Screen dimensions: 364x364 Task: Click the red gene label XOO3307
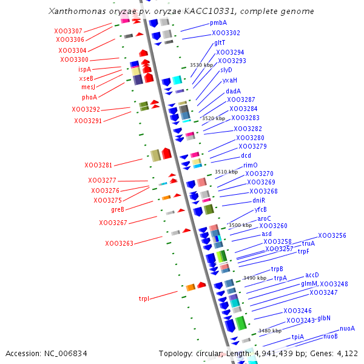68,31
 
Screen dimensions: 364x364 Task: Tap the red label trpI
144,298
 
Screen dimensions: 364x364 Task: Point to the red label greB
118,209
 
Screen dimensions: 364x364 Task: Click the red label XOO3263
120,244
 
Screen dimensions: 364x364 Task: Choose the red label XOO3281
98,165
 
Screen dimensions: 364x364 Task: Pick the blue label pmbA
218,22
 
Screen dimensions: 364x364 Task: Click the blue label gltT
220,43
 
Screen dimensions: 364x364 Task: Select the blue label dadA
234,91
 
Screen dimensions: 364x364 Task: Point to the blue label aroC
264,218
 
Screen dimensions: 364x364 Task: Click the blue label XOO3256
332,235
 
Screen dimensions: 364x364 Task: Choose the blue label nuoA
347,328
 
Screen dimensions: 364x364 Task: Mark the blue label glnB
324,318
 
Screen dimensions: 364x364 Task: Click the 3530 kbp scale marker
201,64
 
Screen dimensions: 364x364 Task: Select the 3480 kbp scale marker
269,331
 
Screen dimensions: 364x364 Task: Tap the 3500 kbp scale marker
239,225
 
